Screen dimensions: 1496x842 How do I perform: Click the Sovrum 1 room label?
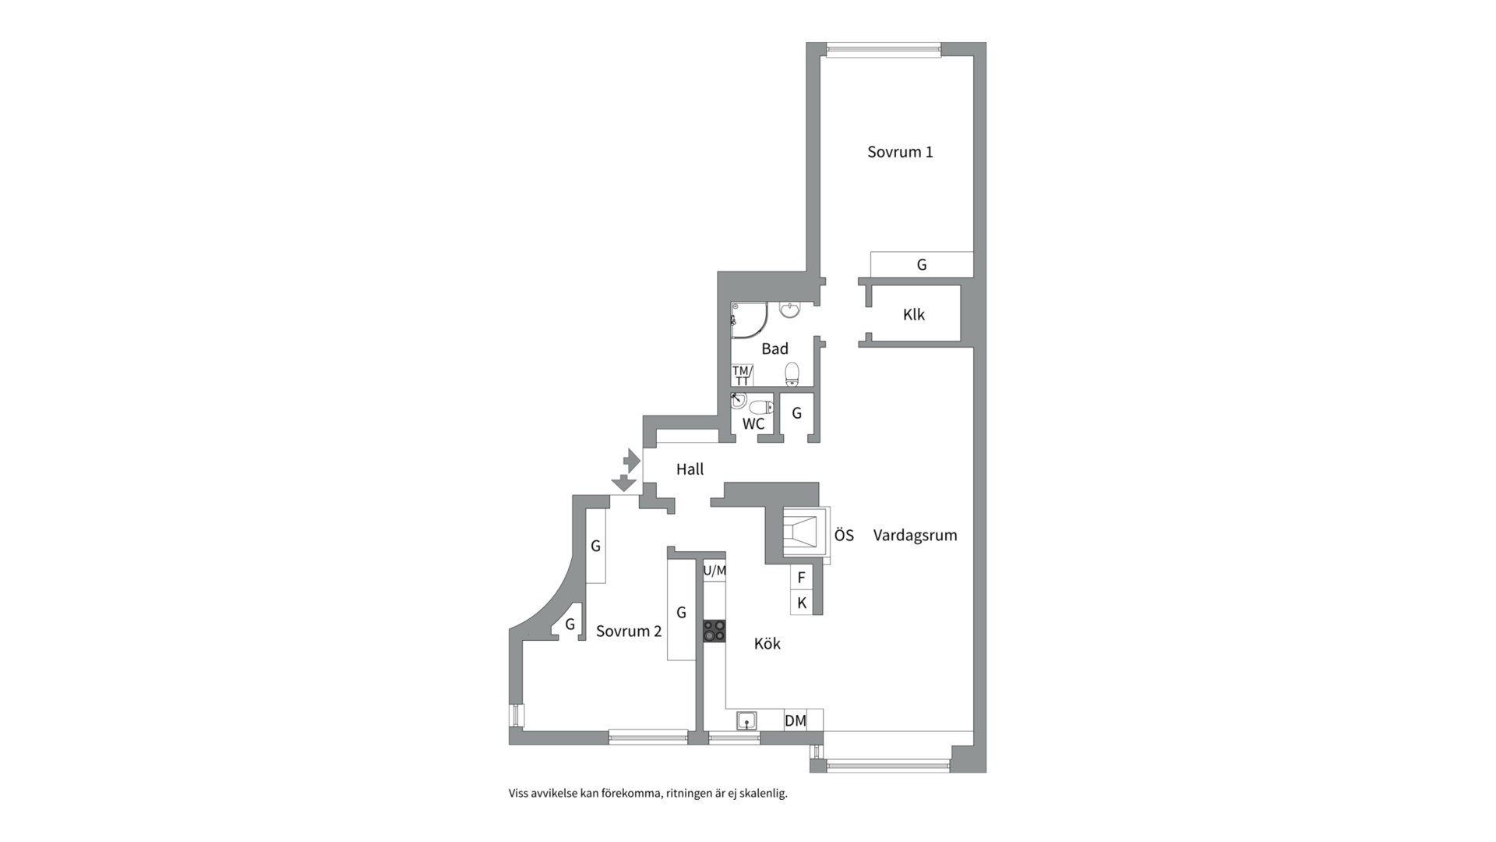click(x=900, y=152)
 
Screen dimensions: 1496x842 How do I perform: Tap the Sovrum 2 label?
click(x=629, y=631)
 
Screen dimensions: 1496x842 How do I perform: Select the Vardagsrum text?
click(x=915, y=536)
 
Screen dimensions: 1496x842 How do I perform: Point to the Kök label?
click(x=767, y=643)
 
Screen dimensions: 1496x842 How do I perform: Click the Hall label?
click(x=690, y=469)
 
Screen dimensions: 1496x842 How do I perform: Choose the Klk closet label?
click(x=914, y=315)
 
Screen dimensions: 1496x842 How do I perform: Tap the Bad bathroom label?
click(x=774, y=348)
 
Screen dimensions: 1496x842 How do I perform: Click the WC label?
click(x=753, y=424)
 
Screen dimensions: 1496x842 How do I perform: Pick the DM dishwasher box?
click(x=796, y=720)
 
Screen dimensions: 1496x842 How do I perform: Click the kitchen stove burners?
click(x=714, y=631)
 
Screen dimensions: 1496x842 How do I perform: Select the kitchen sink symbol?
click(x=747, y=721)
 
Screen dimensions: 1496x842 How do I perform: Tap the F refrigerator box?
click(x=802, y=578)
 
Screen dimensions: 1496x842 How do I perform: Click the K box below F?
click(x=802, y=603)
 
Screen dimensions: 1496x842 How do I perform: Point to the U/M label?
click(x=714, y=571)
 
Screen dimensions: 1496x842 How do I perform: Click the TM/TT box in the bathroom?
click(x=742, y=376)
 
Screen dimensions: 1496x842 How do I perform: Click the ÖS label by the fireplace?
click(x=844, y=536)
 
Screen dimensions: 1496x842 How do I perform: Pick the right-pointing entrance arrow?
click(x=632, y=460)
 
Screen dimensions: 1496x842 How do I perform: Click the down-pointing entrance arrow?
click(x=623, y=483)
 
